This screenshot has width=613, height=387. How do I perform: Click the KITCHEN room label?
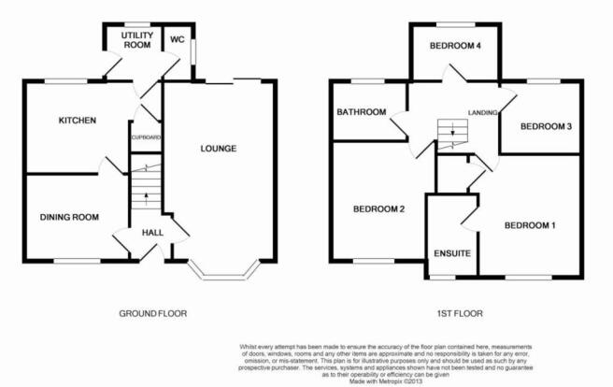(x=77, y=120)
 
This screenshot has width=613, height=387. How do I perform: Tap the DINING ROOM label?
(x=69, y=217)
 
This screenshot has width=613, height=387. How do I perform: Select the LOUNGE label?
(x=218, y=149)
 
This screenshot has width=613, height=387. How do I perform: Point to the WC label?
(x=178, y=39)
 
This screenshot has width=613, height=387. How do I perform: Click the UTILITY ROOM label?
(x=136, y=40)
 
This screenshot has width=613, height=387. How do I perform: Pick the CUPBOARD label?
(x=146, y=137)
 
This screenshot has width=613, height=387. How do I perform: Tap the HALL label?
(x=152, y=233)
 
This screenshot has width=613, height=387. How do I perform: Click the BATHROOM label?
(x=362, y=112)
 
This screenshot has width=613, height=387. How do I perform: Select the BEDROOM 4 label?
(x=455, y=46)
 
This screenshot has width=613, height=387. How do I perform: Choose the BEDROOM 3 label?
(x=546, y=126)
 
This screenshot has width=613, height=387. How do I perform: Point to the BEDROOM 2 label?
(x=378, y=209)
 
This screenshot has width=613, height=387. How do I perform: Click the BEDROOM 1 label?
(x=530, y=225)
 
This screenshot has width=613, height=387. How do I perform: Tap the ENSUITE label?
(x=452, y=253)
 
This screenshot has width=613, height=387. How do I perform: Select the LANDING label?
(x=483, y=112)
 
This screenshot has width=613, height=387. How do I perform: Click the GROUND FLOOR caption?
(x=153, y=313)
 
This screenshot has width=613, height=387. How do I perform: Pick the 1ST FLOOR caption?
(x=460, y=313)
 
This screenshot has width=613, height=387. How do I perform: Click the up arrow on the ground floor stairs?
(x=147, y=198)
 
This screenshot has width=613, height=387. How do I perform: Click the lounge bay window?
(x=223, y=274)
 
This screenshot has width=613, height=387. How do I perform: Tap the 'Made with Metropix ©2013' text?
(x=386, y=380)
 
